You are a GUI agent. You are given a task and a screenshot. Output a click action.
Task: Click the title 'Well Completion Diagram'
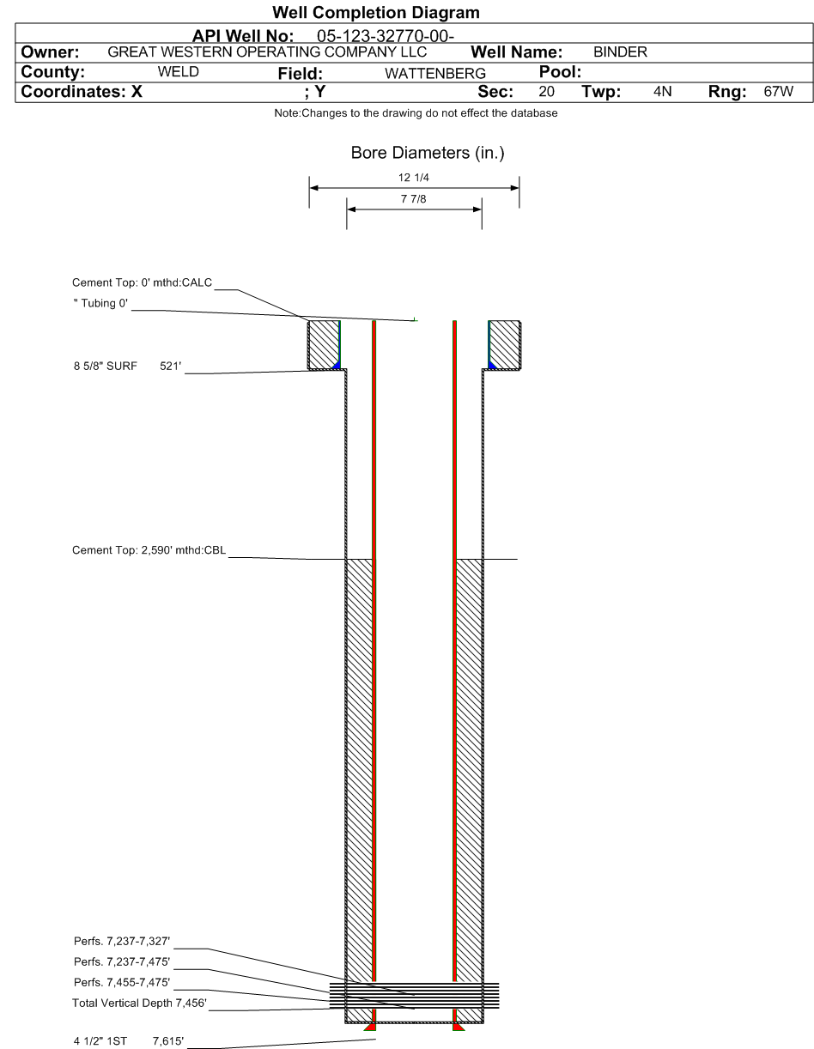[x=375, y=13]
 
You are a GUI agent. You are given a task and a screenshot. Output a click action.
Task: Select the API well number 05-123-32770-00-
[x=386, y=36]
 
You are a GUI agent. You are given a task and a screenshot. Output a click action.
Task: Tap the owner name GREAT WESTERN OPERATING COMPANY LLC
[x=267, y=52]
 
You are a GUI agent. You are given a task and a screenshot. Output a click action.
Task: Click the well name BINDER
[x=620, y=52]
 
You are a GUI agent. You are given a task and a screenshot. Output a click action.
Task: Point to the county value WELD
[x=178, y=72]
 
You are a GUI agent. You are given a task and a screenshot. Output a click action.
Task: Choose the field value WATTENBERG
[x=435, y=73]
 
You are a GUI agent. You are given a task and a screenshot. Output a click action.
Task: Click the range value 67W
[x=778, y=91]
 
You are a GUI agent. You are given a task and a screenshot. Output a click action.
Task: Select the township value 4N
[x=662, y=91]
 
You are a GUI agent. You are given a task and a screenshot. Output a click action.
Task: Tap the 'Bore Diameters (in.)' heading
[x=428, y=153]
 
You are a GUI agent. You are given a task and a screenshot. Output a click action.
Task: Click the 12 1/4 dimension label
[x=413, y=178]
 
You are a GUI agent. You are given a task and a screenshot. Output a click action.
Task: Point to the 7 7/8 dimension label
[x=413, y=199]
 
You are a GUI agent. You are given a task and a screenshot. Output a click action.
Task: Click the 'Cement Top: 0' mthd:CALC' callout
[x=142, y=282]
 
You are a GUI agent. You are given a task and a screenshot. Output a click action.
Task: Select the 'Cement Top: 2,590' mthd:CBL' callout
[x=149, y=550]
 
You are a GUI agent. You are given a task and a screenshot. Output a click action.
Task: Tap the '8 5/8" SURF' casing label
[x=106, y=366]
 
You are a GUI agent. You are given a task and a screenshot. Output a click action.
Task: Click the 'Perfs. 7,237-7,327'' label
[x=122, y=942]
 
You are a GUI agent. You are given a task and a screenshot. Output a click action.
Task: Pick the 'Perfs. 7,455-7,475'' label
[x=122, y=982]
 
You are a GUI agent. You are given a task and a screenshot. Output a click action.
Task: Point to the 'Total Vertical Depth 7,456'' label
[x=139, y=1004]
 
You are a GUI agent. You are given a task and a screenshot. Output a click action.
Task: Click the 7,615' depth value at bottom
[x=168, y=1041]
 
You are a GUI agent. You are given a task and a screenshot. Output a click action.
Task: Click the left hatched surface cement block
[x=324, y=345]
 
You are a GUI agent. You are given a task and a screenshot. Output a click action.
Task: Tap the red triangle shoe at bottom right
[x=459, y=1027]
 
